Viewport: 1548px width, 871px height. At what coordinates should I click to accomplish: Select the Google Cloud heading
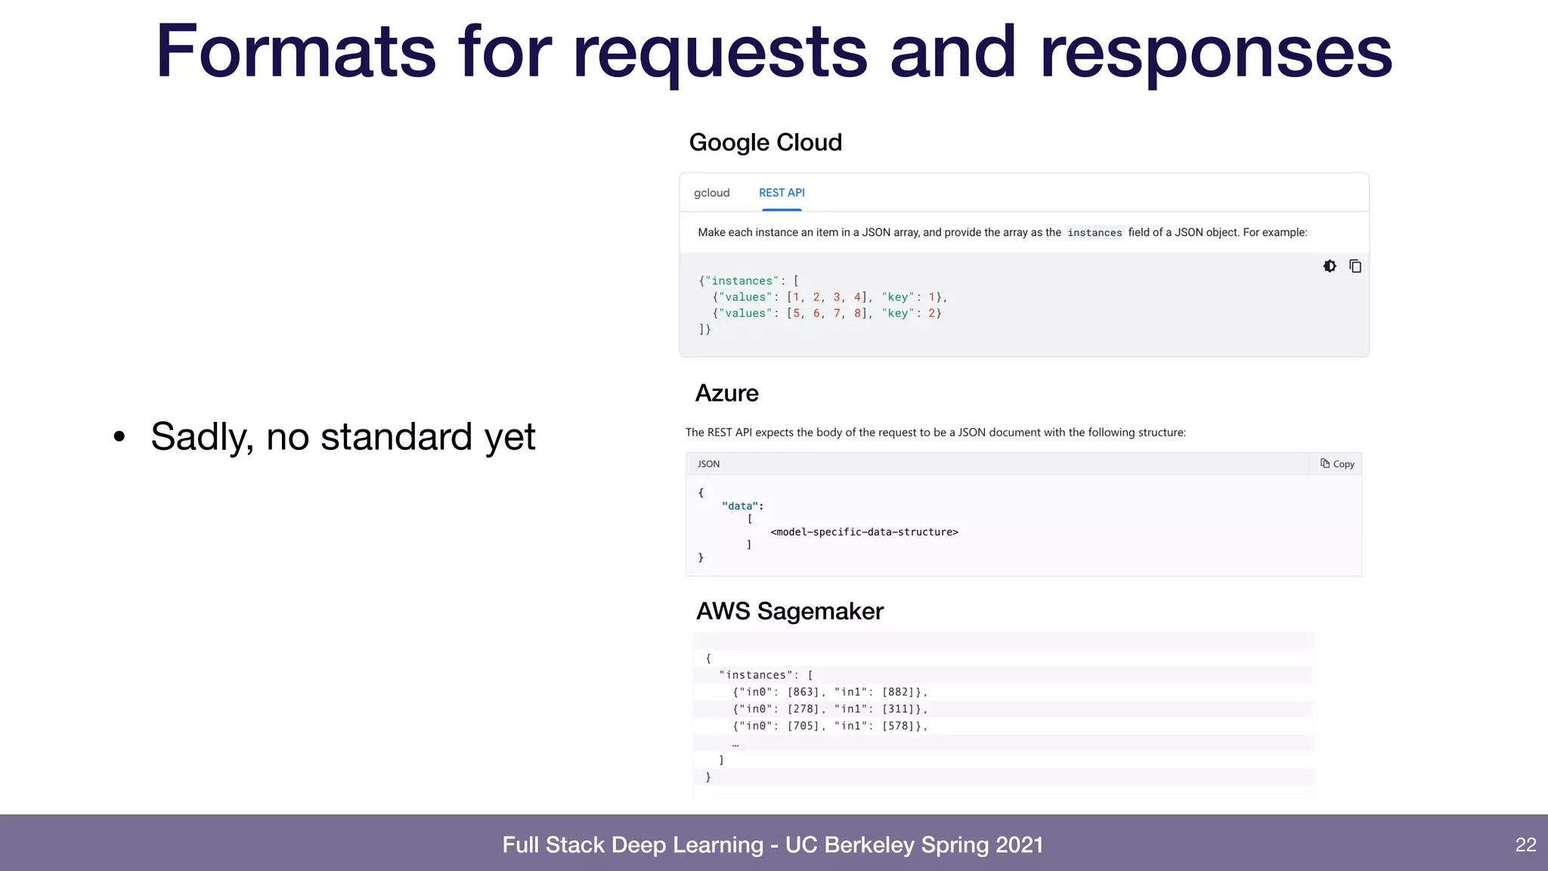click(765, 142)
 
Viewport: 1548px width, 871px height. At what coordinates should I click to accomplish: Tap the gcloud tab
click(711, 193)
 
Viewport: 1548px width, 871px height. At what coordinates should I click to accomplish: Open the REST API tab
click(782, 193)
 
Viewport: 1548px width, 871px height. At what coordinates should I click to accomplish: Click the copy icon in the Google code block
click(1355, 266)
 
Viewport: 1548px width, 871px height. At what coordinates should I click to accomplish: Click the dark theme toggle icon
click(1330, 266)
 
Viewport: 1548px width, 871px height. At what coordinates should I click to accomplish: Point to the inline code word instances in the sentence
click(1094, 233)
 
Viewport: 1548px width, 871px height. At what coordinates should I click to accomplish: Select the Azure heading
click(726, 393)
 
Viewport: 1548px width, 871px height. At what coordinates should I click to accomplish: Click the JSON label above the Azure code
click(708, 464)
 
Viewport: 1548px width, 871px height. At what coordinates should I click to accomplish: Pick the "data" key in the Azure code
click(740, 506)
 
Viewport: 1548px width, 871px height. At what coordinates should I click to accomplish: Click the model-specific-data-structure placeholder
click(864, 532)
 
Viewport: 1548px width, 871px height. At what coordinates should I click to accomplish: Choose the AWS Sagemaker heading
click(789, 611)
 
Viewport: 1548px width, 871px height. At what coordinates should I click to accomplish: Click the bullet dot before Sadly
click(119, 436)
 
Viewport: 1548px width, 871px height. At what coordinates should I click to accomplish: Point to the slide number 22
click(1525, 845)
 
